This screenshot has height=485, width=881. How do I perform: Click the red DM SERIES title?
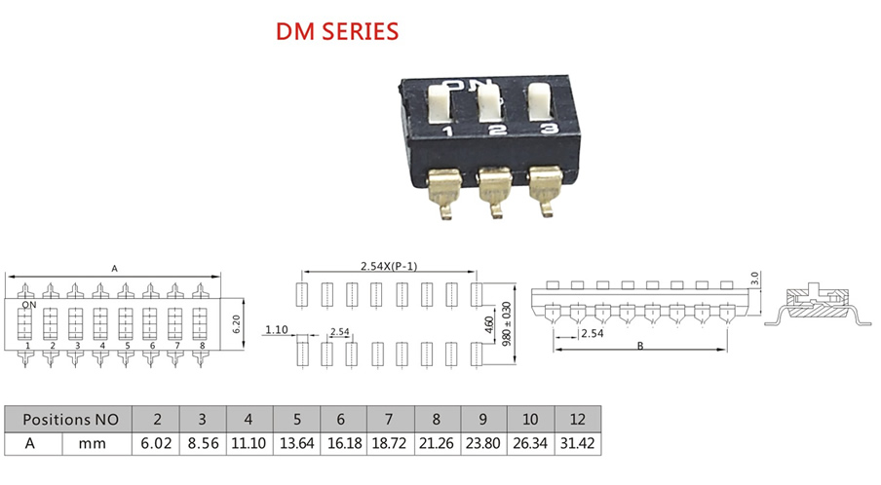[337, 31]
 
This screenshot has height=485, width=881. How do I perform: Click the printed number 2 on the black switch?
[497, 131]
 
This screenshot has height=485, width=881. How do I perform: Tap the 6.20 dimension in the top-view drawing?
[237, 324]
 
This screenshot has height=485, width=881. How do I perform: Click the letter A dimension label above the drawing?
[115, 269]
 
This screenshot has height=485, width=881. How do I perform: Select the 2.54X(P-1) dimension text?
[389, 266]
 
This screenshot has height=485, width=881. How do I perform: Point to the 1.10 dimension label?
[277, 329]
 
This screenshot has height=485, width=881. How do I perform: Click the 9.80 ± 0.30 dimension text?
[507, 324]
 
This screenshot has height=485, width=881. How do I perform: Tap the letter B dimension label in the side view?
[640, 346]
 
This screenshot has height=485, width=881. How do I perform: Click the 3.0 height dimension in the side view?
[754, 279]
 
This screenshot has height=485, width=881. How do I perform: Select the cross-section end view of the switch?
[818, 307]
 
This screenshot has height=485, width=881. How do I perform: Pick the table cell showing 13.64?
[296, 443]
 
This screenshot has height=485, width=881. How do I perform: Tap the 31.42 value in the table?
[578, 443]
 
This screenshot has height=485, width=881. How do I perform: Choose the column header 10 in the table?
[530, 420]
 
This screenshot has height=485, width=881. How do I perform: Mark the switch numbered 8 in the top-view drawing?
[200, 324]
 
